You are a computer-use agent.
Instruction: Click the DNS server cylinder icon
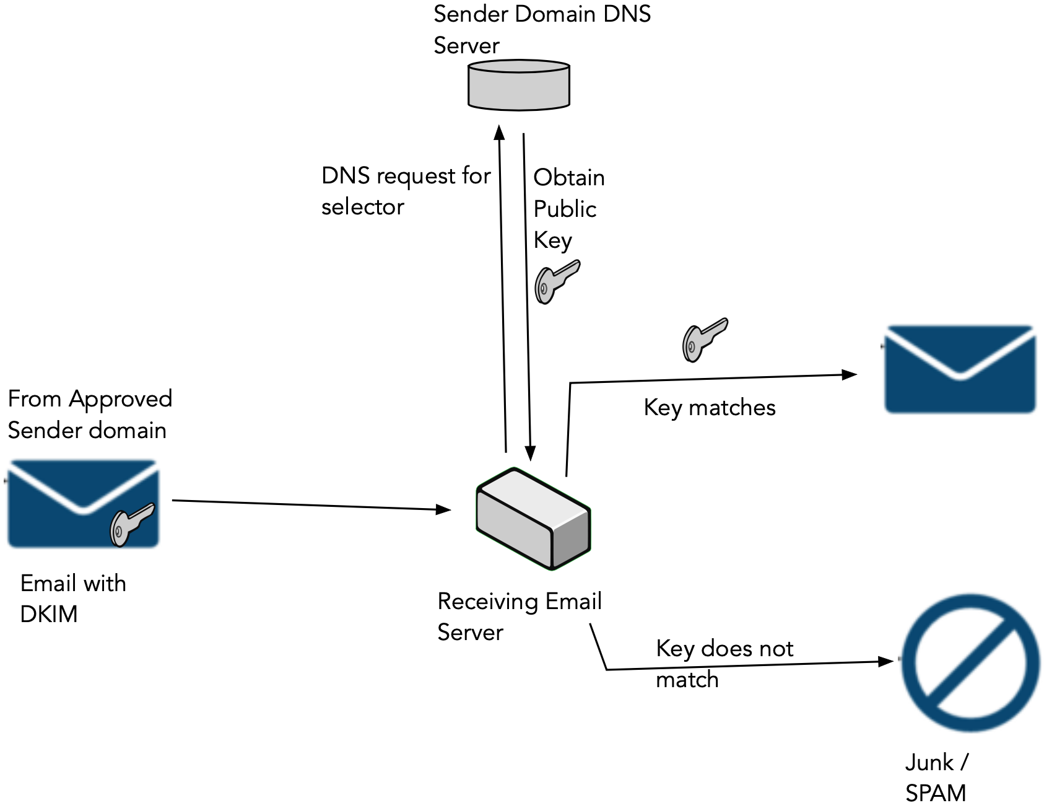pyautogui.click(x=518, y=86)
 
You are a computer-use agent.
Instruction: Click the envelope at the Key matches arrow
pyautogui.click(x=960, y=369)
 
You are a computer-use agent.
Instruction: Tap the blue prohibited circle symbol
pyautogui.click(x=970, y=662)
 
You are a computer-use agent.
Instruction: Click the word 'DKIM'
pyautogui.click(x=49, y=614)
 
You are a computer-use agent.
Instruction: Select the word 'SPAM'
pyautogui.click(x=935, y=793)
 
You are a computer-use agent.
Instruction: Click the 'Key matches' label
pyautogui.click(x=709, y=408)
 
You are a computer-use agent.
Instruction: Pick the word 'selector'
pyautogui.click(x=362, y=207)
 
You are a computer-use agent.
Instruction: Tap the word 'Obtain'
pyautogui.click(x=568, y=178)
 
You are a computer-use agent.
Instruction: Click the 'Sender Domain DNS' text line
pyautogui.click(x=542, y=14)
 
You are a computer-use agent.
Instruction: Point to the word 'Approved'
pyautogui.click(x=120, y=400)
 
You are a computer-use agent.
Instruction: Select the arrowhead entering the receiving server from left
pyautogui.click(x=443, y=509)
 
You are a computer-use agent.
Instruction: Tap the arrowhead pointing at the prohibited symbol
pyautogui.click(x=886, y=662)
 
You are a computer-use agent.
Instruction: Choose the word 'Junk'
pyautogui.click(x=929, y=762)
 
